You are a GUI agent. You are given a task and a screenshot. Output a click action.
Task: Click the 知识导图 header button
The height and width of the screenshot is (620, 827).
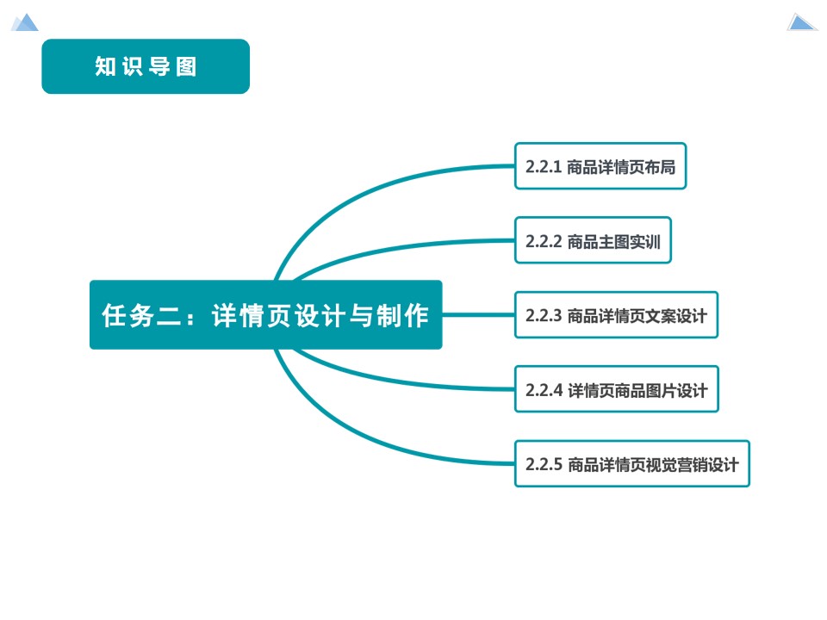(x=146, y=66)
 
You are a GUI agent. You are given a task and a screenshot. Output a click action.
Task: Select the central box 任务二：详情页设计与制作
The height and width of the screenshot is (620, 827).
(x=265, y=315)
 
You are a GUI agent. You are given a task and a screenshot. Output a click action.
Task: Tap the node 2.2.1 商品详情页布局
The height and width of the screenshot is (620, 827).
(x=600, y=166)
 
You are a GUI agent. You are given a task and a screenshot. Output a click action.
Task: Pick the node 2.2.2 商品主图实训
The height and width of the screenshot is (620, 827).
(x=593, y=241)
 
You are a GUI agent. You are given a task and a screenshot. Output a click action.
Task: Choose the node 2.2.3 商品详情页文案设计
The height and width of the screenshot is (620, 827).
(x=616, y=315)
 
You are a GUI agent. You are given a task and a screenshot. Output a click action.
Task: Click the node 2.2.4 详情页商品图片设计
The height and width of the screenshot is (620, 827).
(x=616, y=390)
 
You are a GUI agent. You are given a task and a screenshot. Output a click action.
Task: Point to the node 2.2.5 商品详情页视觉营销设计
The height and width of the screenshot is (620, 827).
(x=631, y=464)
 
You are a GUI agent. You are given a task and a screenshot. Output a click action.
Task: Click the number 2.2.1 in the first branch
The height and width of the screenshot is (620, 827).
(x=544, y=167)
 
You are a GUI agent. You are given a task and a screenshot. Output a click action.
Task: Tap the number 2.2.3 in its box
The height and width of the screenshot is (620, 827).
(x=544, y=316)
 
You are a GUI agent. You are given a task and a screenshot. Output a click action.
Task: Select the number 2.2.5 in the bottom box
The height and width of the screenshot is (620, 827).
(x=544, y=465)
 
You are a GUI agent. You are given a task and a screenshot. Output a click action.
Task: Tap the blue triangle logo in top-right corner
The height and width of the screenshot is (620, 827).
(x=801, y=22)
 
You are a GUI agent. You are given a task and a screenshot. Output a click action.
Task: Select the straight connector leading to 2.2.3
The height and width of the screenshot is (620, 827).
(x=478, y=315)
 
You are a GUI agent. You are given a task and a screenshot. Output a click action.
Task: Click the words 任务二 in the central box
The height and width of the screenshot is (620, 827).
(x=138, y=316)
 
